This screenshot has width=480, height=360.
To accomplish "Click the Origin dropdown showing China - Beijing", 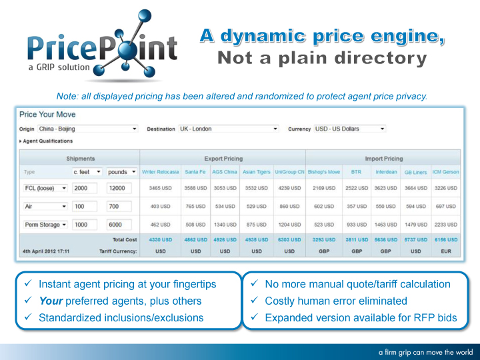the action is tap(88, 129).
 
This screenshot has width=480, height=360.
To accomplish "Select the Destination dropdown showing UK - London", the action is tap(229, 129).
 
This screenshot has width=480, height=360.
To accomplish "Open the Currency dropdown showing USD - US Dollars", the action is tap(350, 129).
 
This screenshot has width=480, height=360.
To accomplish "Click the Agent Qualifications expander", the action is tap(46, 141).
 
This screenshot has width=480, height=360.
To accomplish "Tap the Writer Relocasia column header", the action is tap(160, 172).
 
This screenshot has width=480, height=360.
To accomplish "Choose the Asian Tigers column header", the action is tap(257, 172).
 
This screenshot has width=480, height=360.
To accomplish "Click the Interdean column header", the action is tap(386, 172).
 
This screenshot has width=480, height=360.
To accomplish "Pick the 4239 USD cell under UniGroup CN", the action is tap(289, 188).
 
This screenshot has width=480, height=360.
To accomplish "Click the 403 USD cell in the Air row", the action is tap(160, 206).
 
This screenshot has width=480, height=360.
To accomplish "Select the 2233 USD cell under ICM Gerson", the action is tap(446, 225).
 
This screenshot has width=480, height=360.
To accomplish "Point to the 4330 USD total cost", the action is tap(161, 240).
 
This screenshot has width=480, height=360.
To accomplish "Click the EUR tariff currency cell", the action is tap(446, 251).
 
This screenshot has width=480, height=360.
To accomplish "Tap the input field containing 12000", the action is tap(119, 188).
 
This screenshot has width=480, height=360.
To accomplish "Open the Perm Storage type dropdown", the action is tap(45, 225).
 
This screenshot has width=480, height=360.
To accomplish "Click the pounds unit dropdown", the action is tap(121, 172).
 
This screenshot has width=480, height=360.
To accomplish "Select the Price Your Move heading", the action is tap(47, 115).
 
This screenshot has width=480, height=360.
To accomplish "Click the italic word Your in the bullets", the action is tap(51, 301).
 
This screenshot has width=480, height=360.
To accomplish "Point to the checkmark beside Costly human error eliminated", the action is tap(255, 300).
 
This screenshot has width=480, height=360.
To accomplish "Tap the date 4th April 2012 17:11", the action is tap(46, 251).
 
